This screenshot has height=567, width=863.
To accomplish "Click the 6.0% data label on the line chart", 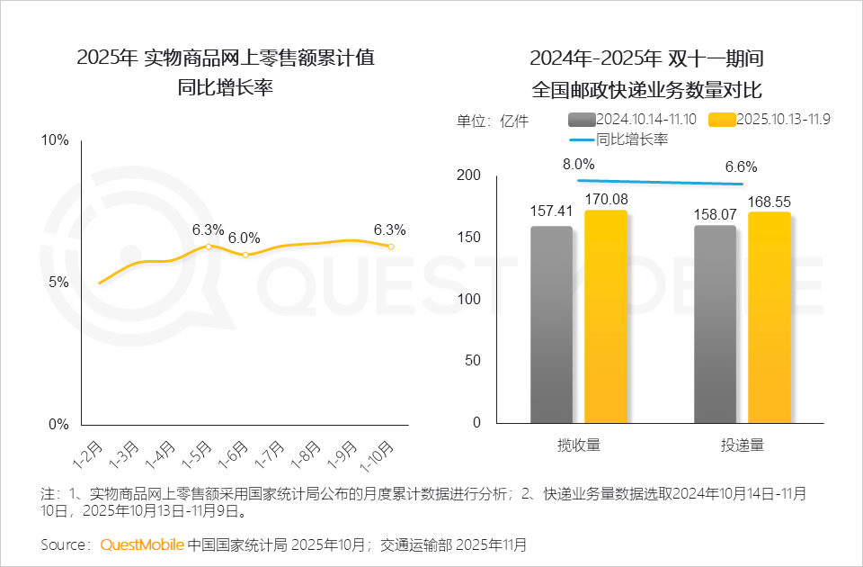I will [244, 238].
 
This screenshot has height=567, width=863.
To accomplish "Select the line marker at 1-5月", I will [209, 246].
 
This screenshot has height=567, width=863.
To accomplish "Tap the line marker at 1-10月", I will [390, 246].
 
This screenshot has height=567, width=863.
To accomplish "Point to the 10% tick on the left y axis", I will [56, 140].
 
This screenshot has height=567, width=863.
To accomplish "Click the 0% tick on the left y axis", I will [58, 424].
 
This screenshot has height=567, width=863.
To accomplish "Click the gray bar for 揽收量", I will [551, 324].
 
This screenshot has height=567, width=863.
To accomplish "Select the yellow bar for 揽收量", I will [606, 317].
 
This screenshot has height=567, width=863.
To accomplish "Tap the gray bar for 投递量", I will [716, 324].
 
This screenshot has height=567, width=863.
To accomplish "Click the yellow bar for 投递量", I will [770, 318].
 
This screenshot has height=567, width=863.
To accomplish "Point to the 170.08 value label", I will [606, 199].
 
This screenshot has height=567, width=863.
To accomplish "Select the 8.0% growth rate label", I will [579, 164].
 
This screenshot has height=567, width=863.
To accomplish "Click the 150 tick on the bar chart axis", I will [470, 238].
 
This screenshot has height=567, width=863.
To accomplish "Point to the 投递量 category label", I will [742, 445].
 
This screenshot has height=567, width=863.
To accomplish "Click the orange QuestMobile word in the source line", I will [142, 544].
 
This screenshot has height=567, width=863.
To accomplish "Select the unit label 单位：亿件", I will [493, 121].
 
